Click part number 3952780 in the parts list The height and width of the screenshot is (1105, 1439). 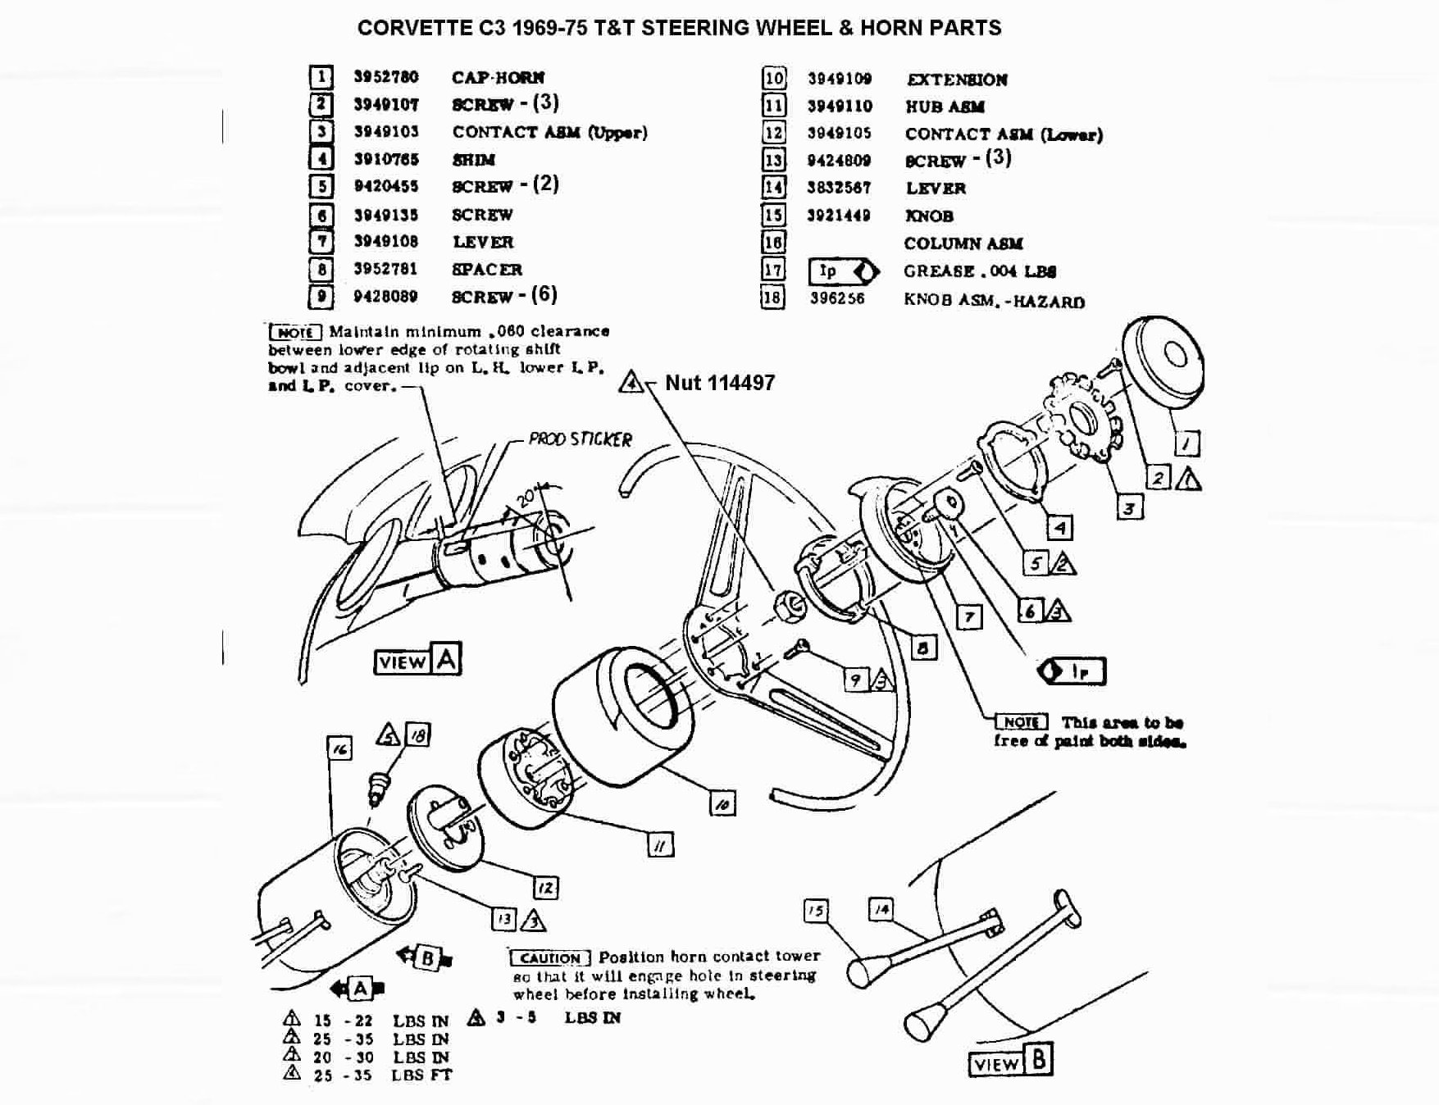click(385, 77)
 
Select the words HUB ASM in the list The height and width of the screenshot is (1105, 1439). click(945, 107)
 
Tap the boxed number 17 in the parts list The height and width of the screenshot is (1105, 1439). click(773, 270)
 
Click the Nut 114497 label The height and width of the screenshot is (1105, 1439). click(719, 383)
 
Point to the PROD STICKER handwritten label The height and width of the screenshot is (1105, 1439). click(580, 439)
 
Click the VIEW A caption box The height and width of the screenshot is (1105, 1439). click(417, 660)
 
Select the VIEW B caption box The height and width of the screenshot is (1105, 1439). click(1010, 1062)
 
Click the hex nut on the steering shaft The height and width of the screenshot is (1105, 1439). click(788, 605)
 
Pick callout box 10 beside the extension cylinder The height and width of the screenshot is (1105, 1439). click(722, 804)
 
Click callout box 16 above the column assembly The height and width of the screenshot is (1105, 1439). click(339, 748)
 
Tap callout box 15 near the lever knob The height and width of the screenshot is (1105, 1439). click(815, 911)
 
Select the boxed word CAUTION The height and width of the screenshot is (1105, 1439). click(549, 958)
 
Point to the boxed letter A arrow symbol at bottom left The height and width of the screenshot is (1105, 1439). click(358, 989)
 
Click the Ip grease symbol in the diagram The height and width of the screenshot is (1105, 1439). click(1072, 671)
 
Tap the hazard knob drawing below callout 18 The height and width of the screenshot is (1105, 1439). click(379, 789)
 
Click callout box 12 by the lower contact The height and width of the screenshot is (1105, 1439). click(545, 888)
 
